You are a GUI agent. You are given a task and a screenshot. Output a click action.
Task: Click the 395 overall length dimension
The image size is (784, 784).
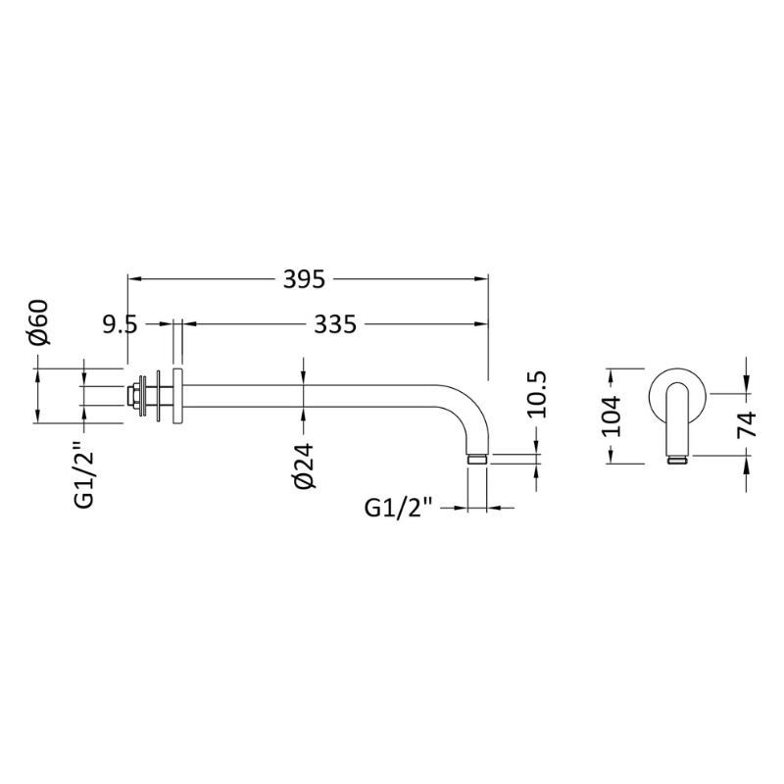click(x=304, y=279)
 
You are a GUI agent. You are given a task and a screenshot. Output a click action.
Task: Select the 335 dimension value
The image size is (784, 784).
click(x=335, y=324)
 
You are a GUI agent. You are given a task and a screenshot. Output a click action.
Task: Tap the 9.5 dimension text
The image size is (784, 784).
click(x=120, y=325)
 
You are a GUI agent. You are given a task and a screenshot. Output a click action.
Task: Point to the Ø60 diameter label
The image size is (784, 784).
click(x=39, y=322)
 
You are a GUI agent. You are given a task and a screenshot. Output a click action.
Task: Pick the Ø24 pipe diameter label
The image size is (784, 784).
click(x=304, y=465)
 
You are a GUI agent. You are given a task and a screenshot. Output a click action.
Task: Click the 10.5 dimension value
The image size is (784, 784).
click(x=537, y=394)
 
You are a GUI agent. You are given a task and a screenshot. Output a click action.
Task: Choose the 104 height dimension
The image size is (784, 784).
click(x=610, y=416)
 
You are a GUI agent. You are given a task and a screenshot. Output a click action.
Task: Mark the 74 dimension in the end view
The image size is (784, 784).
click(x=747, y=424)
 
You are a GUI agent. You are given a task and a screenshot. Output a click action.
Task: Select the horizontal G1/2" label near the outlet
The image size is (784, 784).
click(x=399, y=508)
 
